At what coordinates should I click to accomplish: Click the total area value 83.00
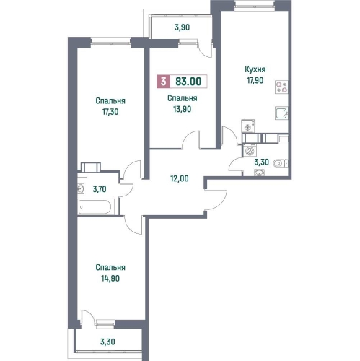click(188, 82)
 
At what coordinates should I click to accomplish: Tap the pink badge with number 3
click(164, 82)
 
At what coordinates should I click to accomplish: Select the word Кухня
click(255, 69)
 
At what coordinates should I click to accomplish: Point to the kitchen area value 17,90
click(255, 80)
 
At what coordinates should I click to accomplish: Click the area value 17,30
click(110, 112)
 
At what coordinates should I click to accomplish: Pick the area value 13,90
click(183, 109)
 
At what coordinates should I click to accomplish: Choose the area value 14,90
click(110, 279)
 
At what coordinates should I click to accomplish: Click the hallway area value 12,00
click(180, 178)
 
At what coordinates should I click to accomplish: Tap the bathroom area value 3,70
click(100, 189)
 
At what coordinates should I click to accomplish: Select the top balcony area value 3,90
click(182, 27)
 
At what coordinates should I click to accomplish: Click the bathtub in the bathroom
click(95, 206)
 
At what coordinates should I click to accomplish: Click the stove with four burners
click(281, 87)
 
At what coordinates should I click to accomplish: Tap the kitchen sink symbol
click(281, 113)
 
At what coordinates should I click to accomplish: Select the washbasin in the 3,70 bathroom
click(81, 188)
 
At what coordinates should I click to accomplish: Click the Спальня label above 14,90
click(110, 267)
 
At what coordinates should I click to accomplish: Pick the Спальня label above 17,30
click(110, 100)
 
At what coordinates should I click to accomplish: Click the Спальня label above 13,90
click(183, 98)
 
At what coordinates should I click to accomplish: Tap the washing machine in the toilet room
click(250, 150)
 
